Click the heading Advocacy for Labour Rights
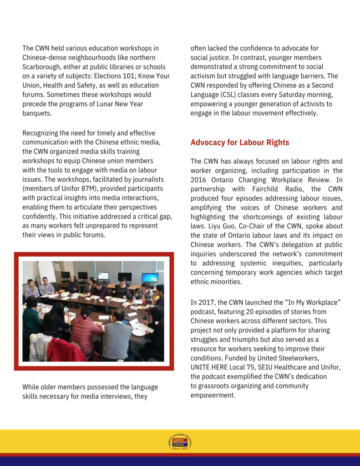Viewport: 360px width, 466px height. coord(240,142)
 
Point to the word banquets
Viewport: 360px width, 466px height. coord(37,113)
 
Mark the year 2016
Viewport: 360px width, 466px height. coord(199,180)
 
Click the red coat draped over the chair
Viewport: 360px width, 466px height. coord(66,350)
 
